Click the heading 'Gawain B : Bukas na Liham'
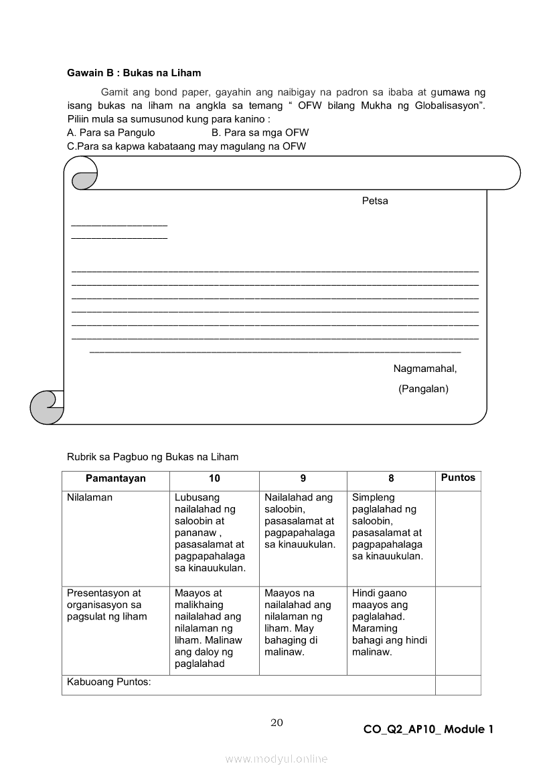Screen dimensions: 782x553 pyautogui.click(x=134, y=73)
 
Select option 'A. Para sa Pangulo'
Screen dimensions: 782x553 pyautogui.click(x=111, y=133)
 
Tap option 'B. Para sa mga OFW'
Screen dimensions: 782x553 pyautogui.click(x=260, y=133)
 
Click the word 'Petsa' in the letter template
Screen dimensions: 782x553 pyautogui.click(x=375, y=201)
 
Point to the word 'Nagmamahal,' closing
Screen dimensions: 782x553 pyautogui.click(x=425, y=369)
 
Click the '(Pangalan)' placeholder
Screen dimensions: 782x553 pyautogui.click(x=423, y=389)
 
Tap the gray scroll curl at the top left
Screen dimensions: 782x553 pyautogui.click(x=84, y=180)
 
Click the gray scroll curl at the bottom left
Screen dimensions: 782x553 pyautogui.click(x=46, y=407)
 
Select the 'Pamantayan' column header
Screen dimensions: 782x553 pyautogui.click(x=115, y=478)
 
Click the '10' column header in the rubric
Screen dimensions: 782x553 pyautogui.click(x=214, y=478)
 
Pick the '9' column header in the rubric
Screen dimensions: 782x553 pyautogui.click(x=303, y=478)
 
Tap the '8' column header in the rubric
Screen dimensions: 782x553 pyautogui.click(x=391, y=478)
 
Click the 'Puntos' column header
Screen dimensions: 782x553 pyautogui.click(x=458, y=478)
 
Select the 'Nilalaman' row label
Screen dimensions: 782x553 pyautogui.click(x=90, y=498)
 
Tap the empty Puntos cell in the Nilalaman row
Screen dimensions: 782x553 pyautogui.click(x=458, y=539)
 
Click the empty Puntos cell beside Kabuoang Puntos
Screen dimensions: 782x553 pyautogui.click(x=458, y=685)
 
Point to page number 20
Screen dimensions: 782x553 pyautogui.click(x=276, y=722)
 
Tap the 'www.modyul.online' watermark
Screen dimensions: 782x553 pyautogui.click(x=276, y=759)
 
